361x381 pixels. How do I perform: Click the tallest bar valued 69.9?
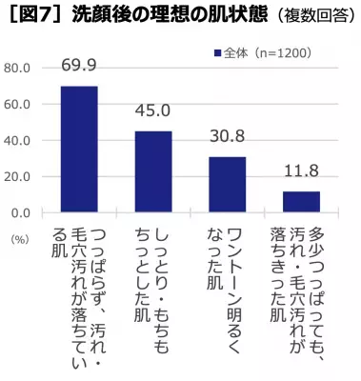[x=79, y=149]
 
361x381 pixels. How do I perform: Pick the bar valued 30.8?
[x=227, y=184]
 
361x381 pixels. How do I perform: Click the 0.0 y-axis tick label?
[x=21, y=212]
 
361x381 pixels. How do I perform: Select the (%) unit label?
[x=18, y=239]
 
